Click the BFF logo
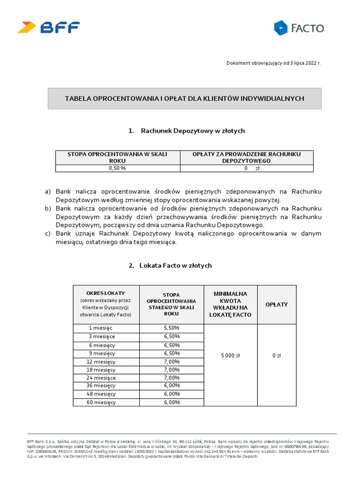(x=48, y=27)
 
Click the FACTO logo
(x=299, y=28)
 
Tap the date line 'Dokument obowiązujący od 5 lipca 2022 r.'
(x=273, y=62)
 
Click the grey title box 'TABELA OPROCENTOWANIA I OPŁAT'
(x=185, y=98)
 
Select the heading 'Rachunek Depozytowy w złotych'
(x=187, y=131)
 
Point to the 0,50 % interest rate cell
(x=117, y=168)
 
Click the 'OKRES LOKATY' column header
(x=105, y=304)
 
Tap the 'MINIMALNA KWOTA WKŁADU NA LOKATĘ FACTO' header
(x=230, y=304)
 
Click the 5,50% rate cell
(x=172, y=328)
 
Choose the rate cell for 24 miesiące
(x=172, y=378)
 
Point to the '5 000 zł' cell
(x=230, y=356)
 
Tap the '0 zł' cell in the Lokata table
(x=277, y=356)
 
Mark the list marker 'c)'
(x=47, y=233)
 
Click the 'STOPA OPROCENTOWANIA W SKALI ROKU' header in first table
(x=117, y=157)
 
